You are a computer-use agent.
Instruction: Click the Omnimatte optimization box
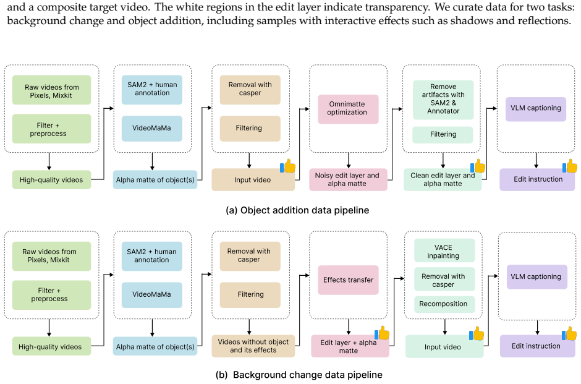click(349, 109)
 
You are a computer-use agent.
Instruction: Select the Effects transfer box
click(349, 280)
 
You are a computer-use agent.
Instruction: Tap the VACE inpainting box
click(444, 251)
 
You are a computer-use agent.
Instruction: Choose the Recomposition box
click(444, 304)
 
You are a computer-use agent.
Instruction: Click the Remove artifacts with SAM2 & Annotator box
click(443, 100)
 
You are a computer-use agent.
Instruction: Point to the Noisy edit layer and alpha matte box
click(349, 180)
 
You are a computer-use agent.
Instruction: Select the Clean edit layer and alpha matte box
click(443, 180)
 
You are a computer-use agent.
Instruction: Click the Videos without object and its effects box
click(253, 346)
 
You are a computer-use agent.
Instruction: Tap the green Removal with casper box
click(444, 280)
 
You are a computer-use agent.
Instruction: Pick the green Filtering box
click(443, 135)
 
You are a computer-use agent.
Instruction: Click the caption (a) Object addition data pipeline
click(297, 210)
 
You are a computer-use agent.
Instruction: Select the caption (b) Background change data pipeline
click(299, 375)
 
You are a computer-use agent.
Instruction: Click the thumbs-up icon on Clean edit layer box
click(478, 166)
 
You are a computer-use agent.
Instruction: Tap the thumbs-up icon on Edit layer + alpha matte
click(383, 333)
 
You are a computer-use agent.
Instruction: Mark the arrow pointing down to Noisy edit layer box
click(349, 161)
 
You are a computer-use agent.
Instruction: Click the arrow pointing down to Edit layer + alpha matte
click(349, 327)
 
